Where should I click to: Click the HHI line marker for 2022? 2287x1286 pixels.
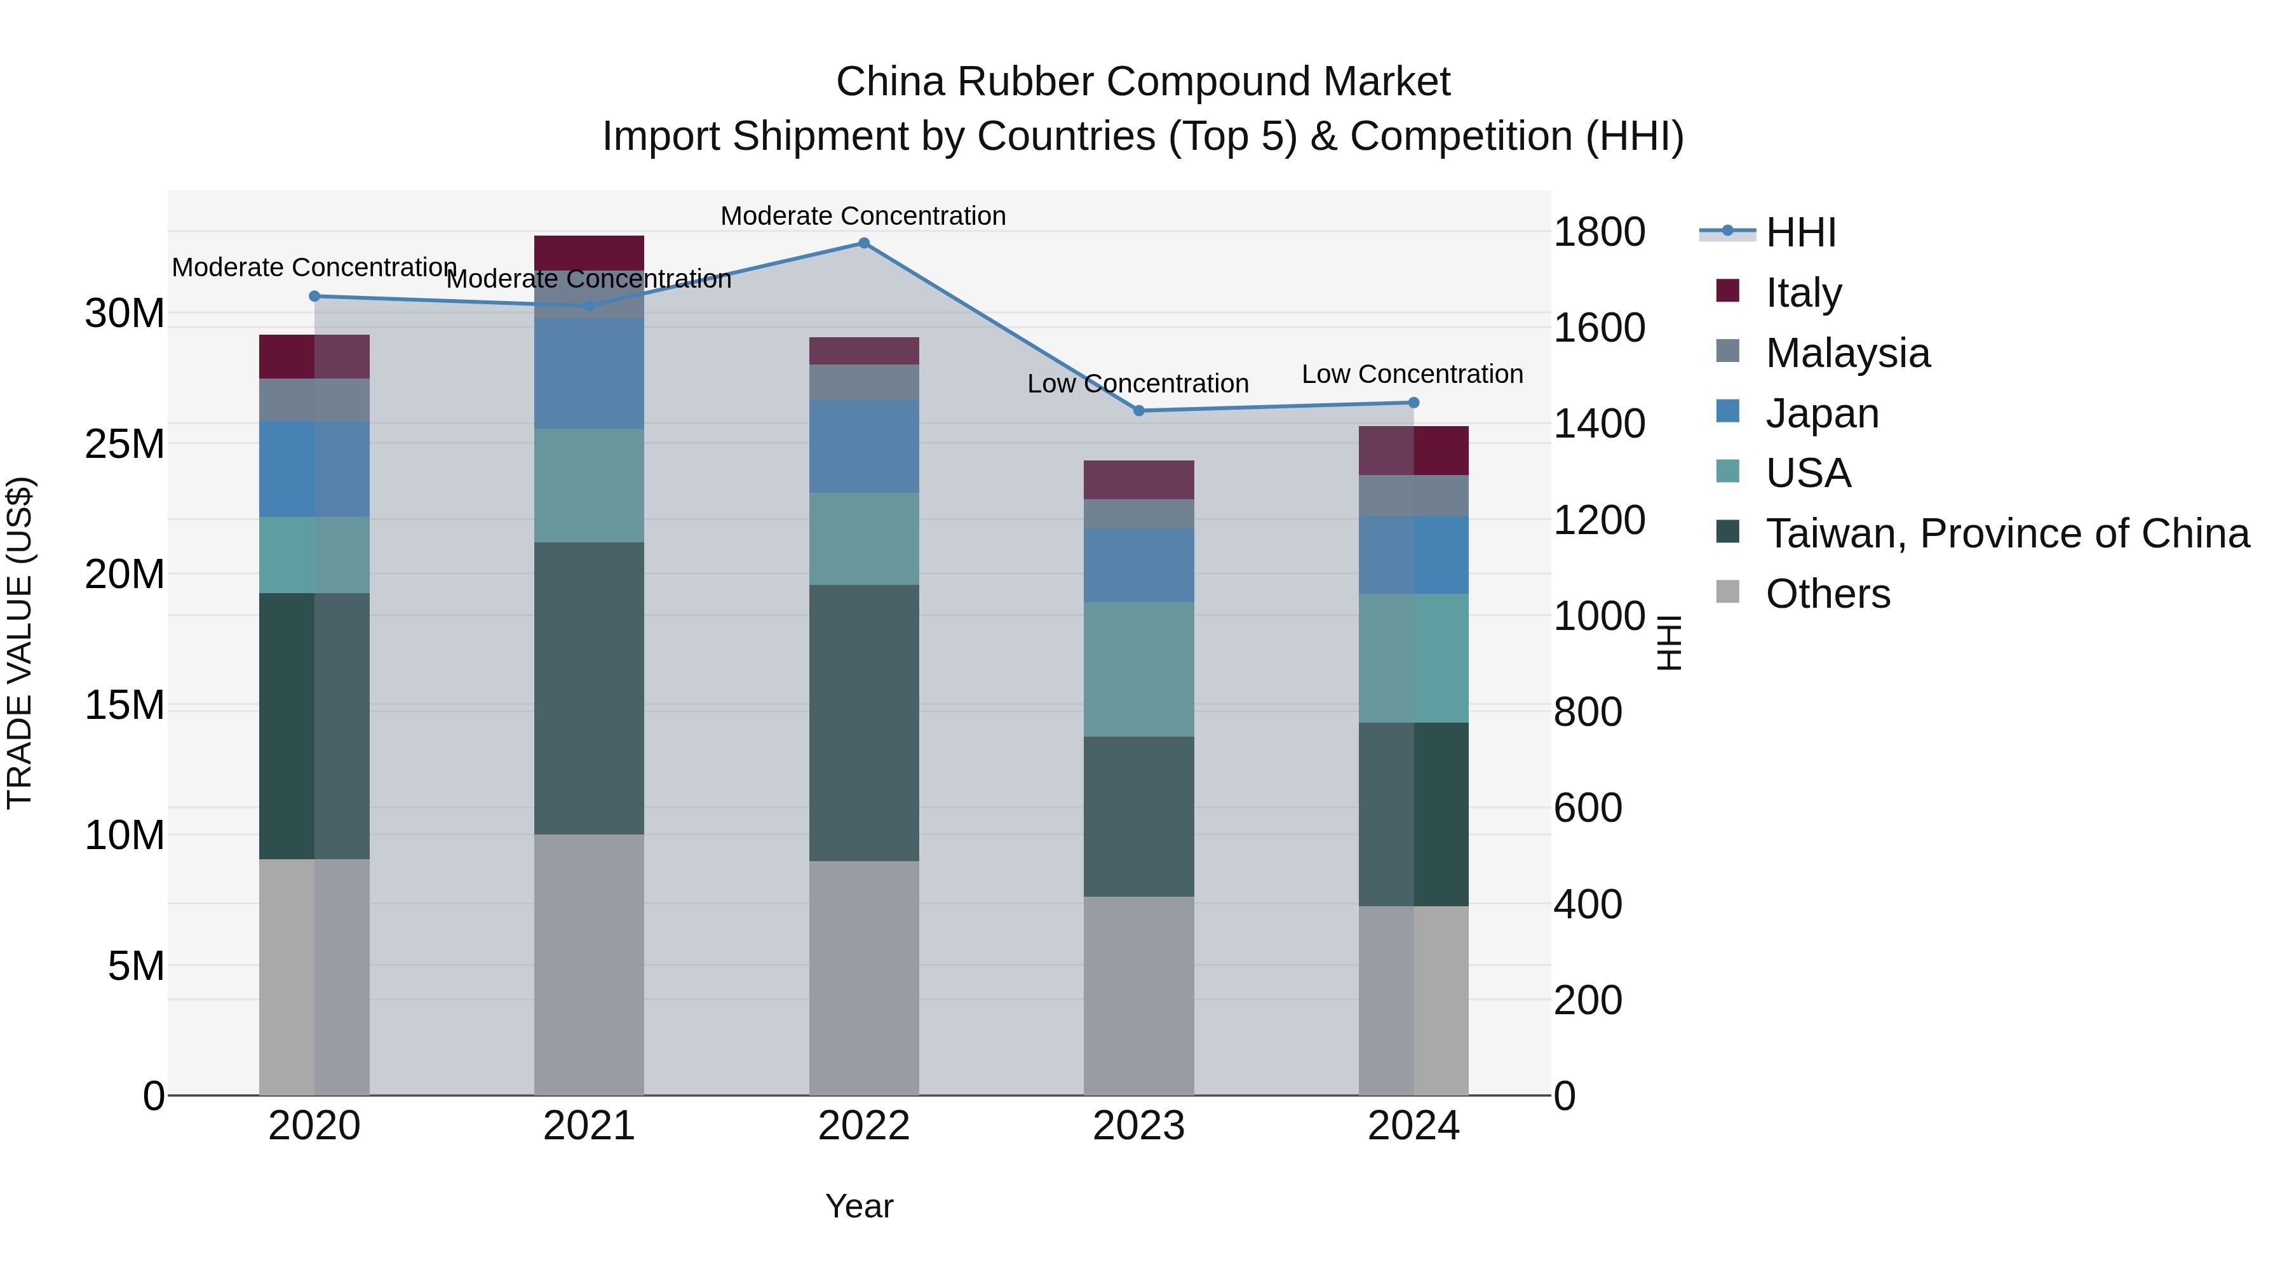pyautogui.click(x=864, y=243)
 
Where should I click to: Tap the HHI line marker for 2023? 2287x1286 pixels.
pyautogui.click(x=1139, y=411)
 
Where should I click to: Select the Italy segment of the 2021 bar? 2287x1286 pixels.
pyautogui.click(x=589, y=253)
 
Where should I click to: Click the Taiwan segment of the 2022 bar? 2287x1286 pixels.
pyautogui.click(x=864, y=723)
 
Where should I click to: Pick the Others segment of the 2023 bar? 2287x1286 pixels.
pyautogui.click(x=1139, y=996)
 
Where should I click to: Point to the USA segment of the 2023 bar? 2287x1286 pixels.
pyautogui.click(x=1139, y=669)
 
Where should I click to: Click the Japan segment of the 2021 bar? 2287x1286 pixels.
pyautogui.click(x=589, y=373)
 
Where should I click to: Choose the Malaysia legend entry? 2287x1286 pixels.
pyautogui.click(x=1847, y=353)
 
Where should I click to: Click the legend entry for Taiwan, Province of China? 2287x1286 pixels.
pyautogui.click(x=2006, y=533)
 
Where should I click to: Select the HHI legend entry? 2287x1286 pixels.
pyautogui.click(x=1800, y=232)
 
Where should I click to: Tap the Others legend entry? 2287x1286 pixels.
pyautogui.click(x=1827, y=594)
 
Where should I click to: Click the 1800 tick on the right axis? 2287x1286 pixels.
pyautogui.click(x=1599, y=232)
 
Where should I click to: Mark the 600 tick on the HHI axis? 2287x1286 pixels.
pyautogui.click(x=1588, y=808)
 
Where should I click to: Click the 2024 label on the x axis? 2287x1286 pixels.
pyautogui.click(x=1413, y=1126)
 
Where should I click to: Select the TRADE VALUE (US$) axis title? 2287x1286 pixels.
pyautogui.click(x=20, y=643)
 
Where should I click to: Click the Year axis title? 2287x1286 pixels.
pyautogui.click(x=858, y=1206)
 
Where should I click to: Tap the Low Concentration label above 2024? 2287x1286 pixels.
pyautogui.click(x=1412, y=375)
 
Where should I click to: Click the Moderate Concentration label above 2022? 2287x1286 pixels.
pyautogui.click(x=863, y=216)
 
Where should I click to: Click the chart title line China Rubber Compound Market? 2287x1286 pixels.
pyautogui.click(x=1143, y=82)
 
